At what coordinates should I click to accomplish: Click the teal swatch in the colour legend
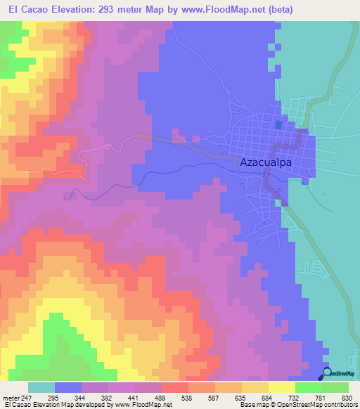click(41, 387)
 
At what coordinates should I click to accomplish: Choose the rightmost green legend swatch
click(335, 387)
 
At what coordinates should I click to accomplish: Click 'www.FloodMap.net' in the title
click(230, 10)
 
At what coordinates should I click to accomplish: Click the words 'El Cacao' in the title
click(24, 10)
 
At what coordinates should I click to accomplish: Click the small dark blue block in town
click(278, 124)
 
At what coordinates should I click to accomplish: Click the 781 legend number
click(322, 397)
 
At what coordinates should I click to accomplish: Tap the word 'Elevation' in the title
click(76, 10)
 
